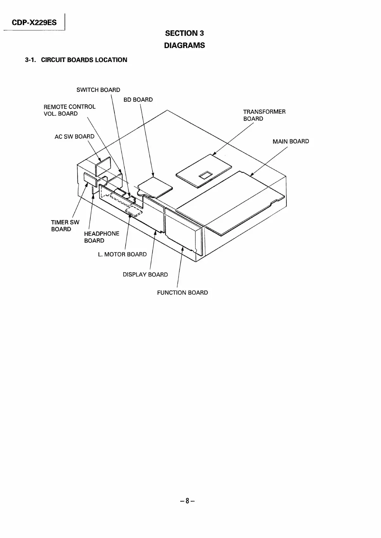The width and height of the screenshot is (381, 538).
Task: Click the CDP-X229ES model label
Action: pyautogui.click(x=34, y=23)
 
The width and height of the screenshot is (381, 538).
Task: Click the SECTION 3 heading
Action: pyautogui.click(x=184, y=33)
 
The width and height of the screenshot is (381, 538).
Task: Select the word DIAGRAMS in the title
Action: pyautogui.click(x=184, y=46)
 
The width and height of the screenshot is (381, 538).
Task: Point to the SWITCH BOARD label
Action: pyautogui.click(x=98, y=90)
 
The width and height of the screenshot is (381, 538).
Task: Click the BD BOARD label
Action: pyautogui.click(x=138, y=100)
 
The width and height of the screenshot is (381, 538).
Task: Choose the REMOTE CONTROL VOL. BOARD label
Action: pyautogui.click(x=70, y=110)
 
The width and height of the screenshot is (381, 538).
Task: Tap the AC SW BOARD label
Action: pyautogui.click(x=75, y=137)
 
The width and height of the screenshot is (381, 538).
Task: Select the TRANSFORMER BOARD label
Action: pyautogui.click(x=264, y=115)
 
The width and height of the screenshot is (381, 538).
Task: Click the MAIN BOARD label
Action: pyautogui.click(x=291, y=141)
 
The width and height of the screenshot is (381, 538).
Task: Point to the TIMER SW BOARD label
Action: pyautogui.click(x=65, y=226)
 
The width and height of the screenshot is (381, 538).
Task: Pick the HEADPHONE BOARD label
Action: pyautogui.click(x=101, y=237)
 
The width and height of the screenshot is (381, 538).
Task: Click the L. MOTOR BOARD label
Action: pyautogui.click(x=122, y=254)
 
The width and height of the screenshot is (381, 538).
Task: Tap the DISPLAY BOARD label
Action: pyautogui.click(x=145, y=275)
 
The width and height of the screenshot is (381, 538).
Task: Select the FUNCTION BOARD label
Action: pyautogui.click(x=182, y=293)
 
